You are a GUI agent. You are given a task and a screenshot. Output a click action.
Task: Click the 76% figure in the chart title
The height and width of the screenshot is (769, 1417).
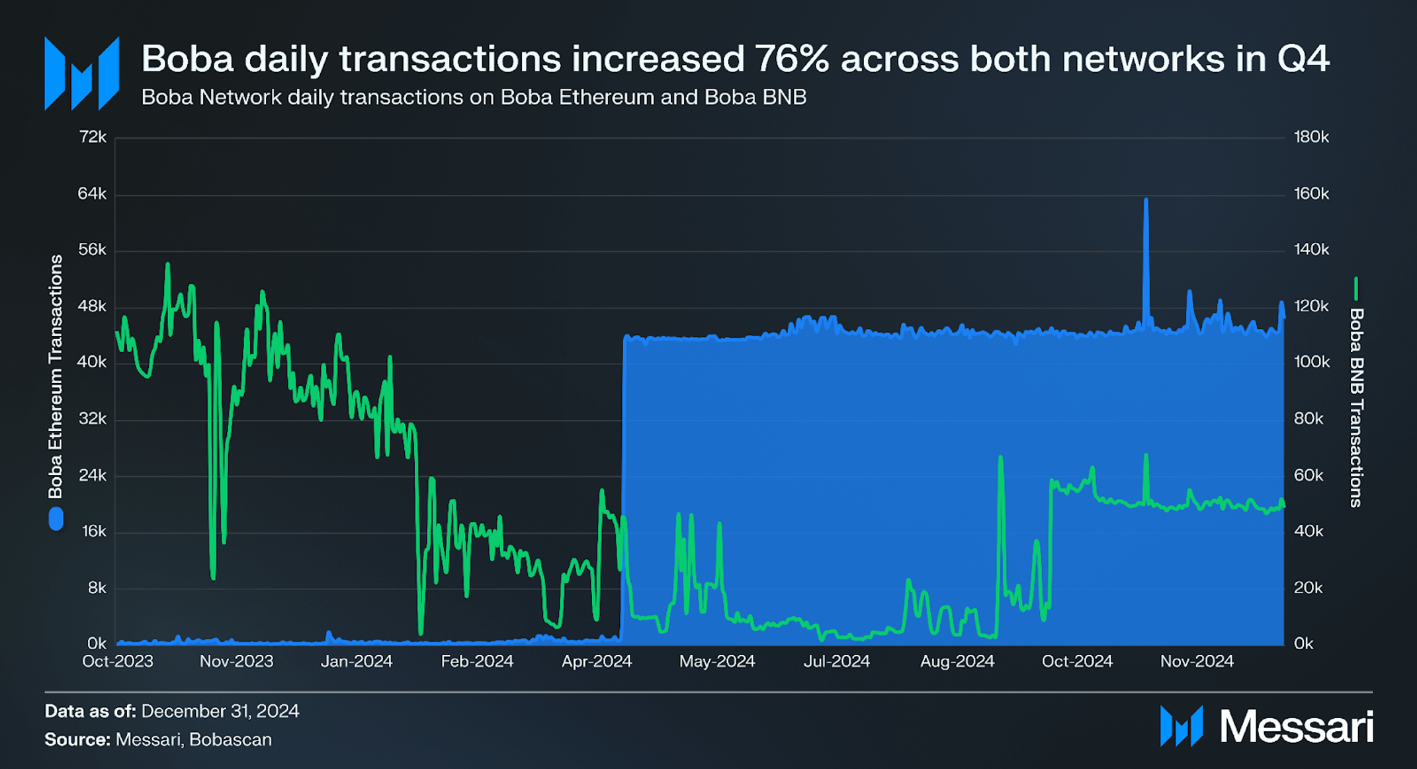coord(791,60)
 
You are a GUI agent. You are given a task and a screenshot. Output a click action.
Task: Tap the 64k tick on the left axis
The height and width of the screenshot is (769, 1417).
coord(92,194)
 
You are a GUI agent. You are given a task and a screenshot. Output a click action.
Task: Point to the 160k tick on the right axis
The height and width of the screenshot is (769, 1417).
coord(1311,194)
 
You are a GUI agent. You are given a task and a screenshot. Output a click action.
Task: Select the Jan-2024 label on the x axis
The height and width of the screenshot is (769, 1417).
coord(357,661)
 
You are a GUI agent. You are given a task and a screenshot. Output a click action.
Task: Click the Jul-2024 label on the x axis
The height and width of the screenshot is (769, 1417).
coord(836,661)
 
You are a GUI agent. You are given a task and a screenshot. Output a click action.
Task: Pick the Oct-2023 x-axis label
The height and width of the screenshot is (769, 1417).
coord(118,661)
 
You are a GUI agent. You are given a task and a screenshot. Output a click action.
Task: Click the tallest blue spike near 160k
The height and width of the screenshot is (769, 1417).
coord(1146,201)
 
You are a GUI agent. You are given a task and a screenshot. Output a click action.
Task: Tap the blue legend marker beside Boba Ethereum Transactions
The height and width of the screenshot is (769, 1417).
coord(56,519)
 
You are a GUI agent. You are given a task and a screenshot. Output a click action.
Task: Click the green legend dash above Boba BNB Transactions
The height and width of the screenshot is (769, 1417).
coord(1355,289)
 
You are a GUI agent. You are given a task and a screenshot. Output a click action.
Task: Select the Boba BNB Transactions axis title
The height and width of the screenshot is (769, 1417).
coord(1355,408)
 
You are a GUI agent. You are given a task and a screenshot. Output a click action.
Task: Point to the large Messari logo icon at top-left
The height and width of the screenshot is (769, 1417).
coord(81,73)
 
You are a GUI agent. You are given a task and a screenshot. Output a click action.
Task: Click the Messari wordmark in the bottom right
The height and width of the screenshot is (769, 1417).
coord(1296,727)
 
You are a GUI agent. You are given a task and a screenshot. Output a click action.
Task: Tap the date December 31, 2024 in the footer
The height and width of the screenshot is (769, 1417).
coord(220,711)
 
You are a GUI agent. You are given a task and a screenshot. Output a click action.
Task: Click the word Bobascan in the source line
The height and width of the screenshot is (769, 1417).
coord(230,740)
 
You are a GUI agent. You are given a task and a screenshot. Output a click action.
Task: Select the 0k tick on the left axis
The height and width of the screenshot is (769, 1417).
coord(97,643)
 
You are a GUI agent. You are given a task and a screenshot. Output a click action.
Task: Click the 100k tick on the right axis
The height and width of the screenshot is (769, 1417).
coord(1311,362)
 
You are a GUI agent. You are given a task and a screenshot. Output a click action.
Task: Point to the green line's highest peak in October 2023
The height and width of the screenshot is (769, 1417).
coord(167,265)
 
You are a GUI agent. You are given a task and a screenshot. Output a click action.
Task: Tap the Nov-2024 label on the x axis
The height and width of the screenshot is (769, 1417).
coord(1197,661)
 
